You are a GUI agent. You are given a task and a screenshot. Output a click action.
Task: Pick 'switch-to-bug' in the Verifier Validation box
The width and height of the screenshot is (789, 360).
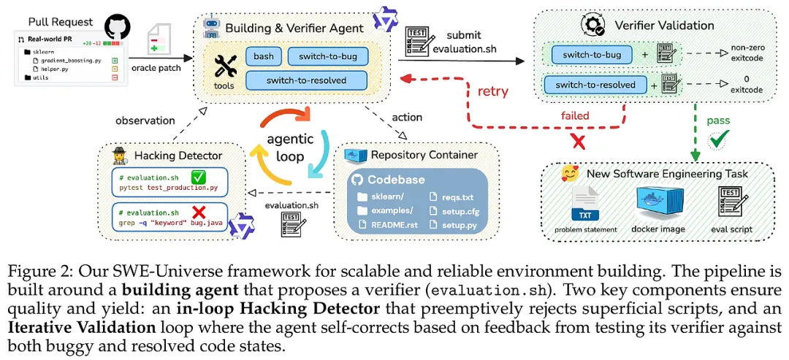pyautogui.click(x=592, y=54)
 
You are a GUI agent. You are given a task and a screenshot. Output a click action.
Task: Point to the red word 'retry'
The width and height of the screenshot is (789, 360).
pyautogui.click(x=493, y=92)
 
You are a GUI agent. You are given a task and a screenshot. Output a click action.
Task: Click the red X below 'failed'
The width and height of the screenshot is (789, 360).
pyautogui.click(x=579, y=142)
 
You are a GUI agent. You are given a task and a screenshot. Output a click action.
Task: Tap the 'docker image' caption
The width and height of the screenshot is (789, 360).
pyautogui.click(x=660, y=230)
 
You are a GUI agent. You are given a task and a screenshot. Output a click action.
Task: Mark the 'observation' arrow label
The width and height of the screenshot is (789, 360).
pyautogui.click(x=145, y=120)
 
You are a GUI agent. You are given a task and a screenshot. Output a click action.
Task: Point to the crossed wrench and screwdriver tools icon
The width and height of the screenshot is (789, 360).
pyautogui.click(x=224, y=68)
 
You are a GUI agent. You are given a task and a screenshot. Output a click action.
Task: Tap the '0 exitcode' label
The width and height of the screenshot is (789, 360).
pyautogui.click(x=745, y=85)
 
